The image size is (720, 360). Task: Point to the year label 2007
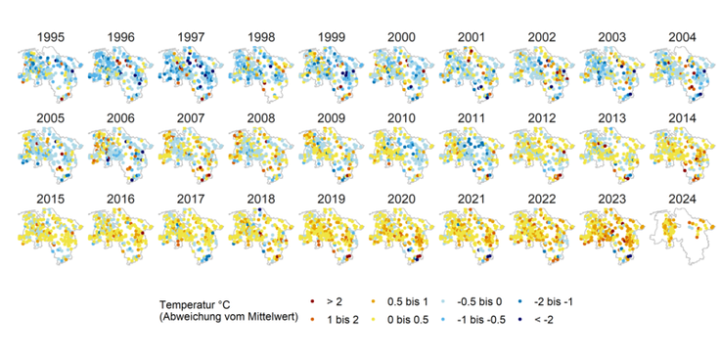pyautogui.click(x=190, y=118)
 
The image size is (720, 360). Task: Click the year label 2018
pyautogui.click(x=260, y=200)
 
